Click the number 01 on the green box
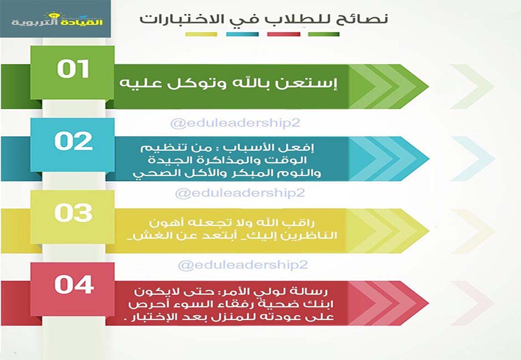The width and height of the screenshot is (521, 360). click(73, 69)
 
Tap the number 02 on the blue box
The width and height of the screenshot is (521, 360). click(73, 141)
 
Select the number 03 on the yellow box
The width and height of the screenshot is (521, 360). click(73, 213)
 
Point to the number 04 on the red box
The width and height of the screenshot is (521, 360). click(74, 285)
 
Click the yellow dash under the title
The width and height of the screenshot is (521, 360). click(201, 34)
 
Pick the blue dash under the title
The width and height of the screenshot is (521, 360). click(242, 34)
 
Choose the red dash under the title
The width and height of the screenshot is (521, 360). click(284, 34)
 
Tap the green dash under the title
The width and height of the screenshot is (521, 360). click(324, 34)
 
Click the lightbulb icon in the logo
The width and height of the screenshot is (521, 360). click(53, 16)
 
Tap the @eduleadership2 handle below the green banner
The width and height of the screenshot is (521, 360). click(235, 123)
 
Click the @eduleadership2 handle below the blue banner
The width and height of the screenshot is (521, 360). click(240, 193)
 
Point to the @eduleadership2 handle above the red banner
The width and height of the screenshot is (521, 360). click(243, 265)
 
